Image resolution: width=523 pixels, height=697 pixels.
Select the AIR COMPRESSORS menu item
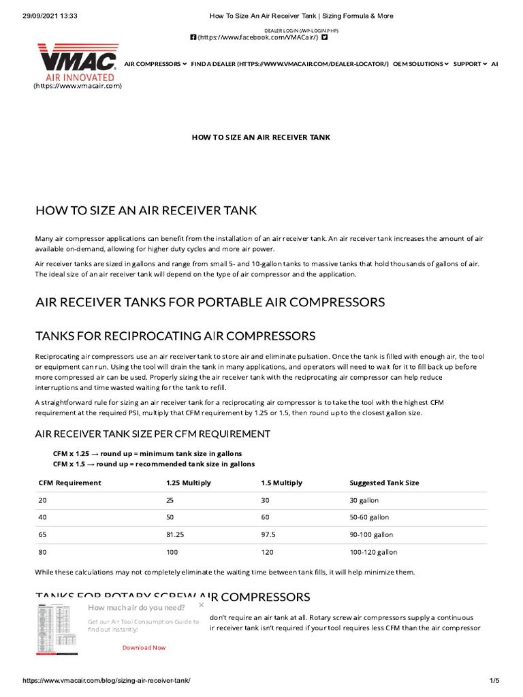(155, 64)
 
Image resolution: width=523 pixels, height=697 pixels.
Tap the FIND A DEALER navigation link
(290, 64)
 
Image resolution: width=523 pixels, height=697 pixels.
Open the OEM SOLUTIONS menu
(422, 64)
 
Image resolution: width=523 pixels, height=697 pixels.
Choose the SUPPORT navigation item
(470, 64)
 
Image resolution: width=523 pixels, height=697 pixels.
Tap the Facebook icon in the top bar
(193, 37)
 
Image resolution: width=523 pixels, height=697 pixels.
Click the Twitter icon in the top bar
(324, 37)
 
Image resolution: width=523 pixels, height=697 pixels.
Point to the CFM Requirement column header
(69, 483)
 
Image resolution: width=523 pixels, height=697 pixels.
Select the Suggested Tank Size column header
(384, 483)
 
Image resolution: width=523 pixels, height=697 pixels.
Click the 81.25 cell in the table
(176, 534)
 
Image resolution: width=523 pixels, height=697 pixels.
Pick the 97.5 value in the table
(270, 534)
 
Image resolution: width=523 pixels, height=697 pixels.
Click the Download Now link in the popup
(144, 647)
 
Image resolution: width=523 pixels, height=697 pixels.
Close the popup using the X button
(201, 604)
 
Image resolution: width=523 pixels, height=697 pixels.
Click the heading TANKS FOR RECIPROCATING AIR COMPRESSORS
(175, 336)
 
